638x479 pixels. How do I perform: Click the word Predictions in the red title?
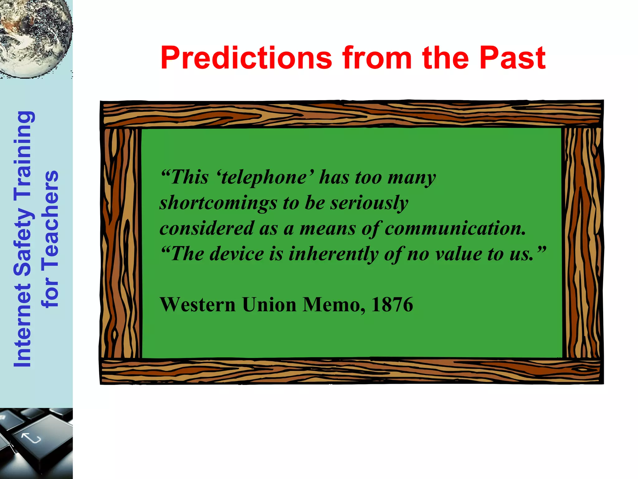[x=246, y=58]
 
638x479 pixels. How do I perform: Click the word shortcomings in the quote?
[x=218, y=203]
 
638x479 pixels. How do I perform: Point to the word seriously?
[x=369, y=203]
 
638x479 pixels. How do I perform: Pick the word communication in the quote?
[x=455, y=229]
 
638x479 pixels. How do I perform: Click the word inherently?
[x=333, y=254]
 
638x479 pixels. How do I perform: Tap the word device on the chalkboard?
[x=237, y=254]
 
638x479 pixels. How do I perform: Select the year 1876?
[x=392, y=305]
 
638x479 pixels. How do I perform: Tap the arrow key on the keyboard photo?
[x=31, y=438]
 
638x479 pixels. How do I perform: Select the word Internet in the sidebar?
[x=23, y=326]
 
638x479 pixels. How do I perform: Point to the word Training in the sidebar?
[x=23, y=154]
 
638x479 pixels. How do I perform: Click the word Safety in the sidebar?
[x=23, y=240]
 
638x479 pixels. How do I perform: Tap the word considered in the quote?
[x=207, y=229]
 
